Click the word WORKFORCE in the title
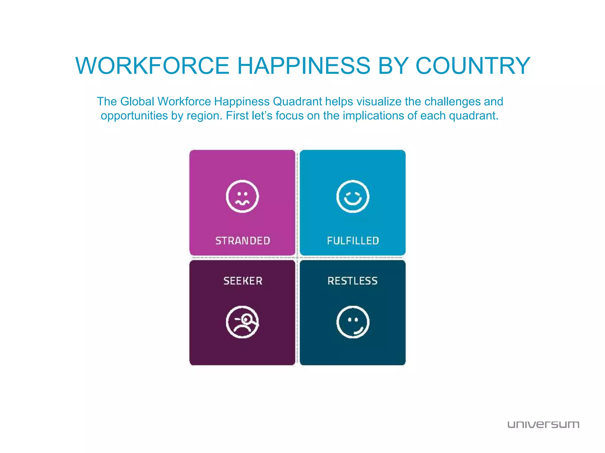(x=152, y=65)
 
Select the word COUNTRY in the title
(x=473, y=65)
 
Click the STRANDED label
(x=243, y=241)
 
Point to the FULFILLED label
(x=353, y=241)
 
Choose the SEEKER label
(x=243, y=281)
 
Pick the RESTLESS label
(x=352, y=281)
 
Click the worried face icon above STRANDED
(x=242, y=196)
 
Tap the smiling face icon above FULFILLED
(x=353, y=196)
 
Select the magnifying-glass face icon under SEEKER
(x=242, y=322)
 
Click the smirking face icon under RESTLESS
(x=353, y=322)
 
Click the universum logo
(x=543, y=424)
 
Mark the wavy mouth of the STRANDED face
(x=242, y=202)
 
